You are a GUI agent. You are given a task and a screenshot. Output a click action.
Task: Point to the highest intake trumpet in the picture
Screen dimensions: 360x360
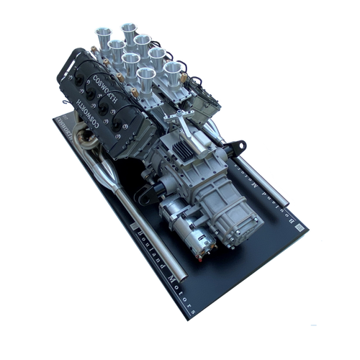pyautogui.click(x=129, y=30)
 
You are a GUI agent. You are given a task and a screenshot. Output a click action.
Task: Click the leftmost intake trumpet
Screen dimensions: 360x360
pyautogui.click(x=100, y=37)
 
